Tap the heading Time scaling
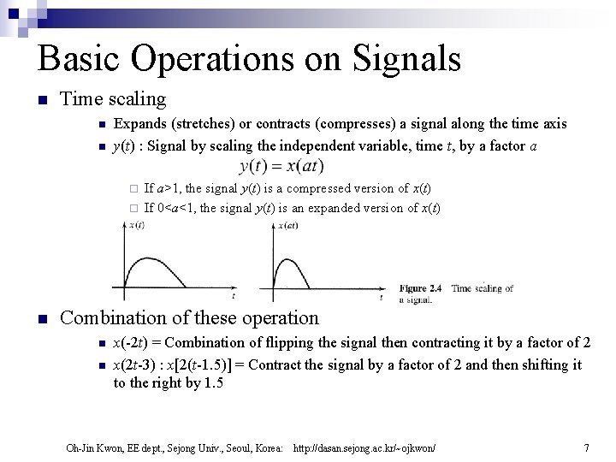[x=113, y=100]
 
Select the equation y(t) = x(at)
[x=281, y=165]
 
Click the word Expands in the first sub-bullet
[x=140, y=124]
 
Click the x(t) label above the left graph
[x=136, y=226]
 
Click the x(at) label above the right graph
[x=287, y=226]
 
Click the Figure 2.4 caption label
[x=420, y=289]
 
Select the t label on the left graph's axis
[x=234, y=296]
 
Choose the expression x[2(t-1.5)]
[x=206, y=364]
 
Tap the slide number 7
[x=586, y=447]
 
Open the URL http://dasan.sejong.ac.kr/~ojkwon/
[x=364, y=448]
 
